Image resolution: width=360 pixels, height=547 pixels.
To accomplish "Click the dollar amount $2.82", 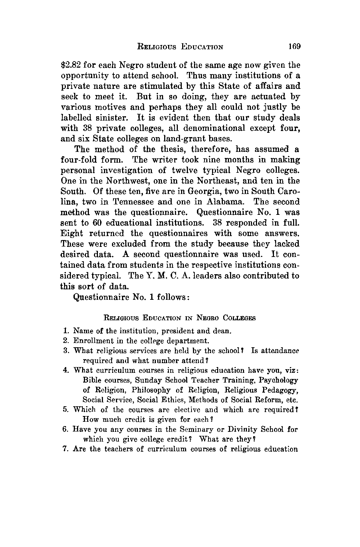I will point(71,65).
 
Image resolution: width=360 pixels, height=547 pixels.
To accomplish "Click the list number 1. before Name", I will point(66,331).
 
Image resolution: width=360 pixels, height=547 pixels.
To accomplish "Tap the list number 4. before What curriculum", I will point(66,370).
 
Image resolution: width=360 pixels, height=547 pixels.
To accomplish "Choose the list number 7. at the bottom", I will point(66,449).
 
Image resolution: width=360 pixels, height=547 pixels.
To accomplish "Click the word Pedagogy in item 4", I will point(277,390).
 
